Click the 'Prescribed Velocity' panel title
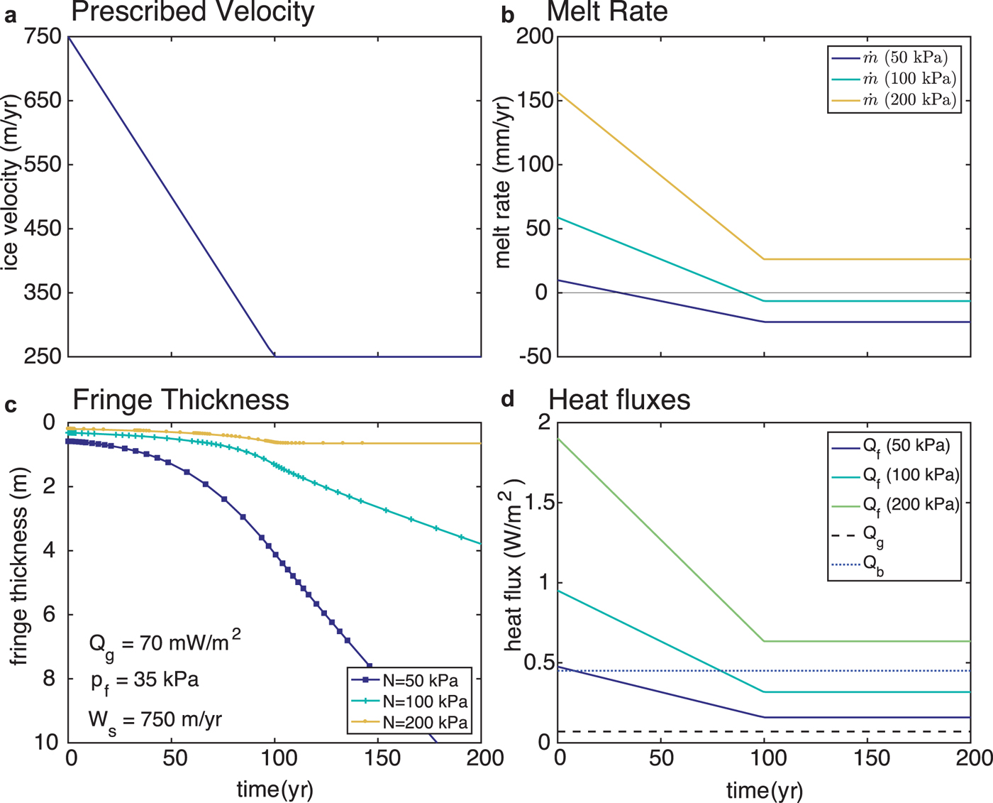192,12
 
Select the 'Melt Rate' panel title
607,12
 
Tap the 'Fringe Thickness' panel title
180,400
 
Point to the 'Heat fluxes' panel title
619,400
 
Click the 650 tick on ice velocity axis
43,101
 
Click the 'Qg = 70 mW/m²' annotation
164,643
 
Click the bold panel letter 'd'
508,400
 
